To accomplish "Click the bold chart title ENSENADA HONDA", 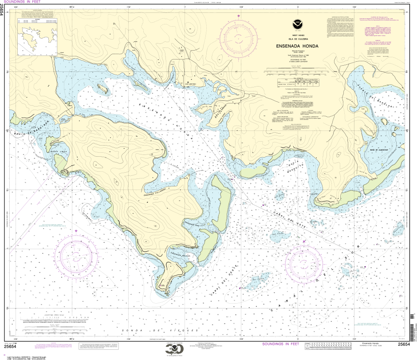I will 290,46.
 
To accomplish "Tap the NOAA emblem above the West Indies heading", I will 290,26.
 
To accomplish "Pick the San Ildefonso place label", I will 190,84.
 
